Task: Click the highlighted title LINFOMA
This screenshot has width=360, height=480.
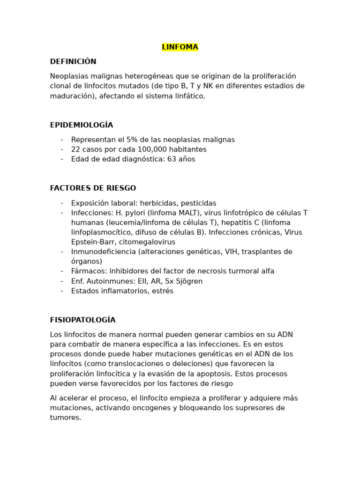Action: coord(180,47)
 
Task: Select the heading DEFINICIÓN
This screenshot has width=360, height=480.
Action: coord(73,61)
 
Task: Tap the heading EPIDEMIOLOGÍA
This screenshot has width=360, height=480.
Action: coord(82,125)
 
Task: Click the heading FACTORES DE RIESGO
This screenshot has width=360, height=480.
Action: coord(93,188)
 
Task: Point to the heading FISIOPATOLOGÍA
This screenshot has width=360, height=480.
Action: coord(82,320)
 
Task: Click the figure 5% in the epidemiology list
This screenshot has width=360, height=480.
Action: coord(133,140)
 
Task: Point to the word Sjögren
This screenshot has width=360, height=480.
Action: coord(189,281)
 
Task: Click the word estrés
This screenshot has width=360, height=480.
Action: coord(162,291)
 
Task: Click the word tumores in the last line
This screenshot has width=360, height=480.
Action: coord(65,418)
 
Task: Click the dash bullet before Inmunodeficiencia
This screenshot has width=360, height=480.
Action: coord(62,252)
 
